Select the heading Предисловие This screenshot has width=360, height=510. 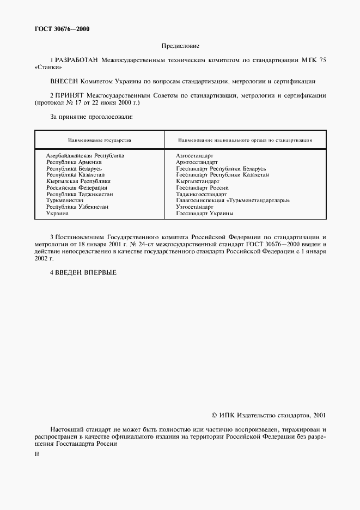[x=180, y=46]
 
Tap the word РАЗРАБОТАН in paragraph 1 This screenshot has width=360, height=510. [x=76, y=59]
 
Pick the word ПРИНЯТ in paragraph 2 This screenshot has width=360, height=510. [x=70, y=95]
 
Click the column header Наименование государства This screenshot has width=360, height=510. [x=100, y=140]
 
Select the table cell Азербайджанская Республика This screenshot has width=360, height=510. [x=85, y=155]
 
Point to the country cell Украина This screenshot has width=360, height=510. [x=57, y=214]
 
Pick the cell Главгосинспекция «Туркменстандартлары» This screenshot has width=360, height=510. [x=233, y=201]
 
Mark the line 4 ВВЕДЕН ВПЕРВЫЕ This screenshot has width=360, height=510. [x=83, y=272]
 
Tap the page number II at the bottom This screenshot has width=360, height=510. [x=36, y=453]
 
